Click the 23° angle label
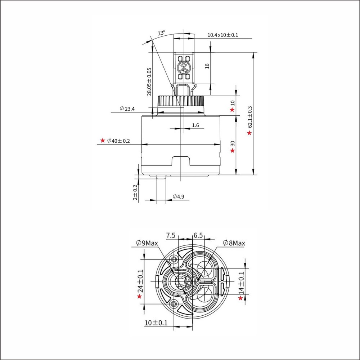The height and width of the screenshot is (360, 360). click(x=161, y=33)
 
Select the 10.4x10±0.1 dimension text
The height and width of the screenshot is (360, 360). click(x=223, y=35)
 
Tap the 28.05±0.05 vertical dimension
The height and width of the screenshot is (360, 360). click(x=149, y=82)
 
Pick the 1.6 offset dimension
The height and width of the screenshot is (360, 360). click(x=195, y=125)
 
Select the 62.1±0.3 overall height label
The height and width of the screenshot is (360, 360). click(x=250, y=116)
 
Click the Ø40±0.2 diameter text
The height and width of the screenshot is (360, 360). click(x=118, y=141)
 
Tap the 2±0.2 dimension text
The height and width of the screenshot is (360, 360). click(x=135, y=192)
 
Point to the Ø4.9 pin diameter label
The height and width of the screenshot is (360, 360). click(x=179, y=197)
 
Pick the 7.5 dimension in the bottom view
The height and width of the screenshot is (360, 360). click(x=171, y=235)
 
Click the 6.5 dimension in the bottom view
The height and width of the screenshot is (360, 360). click(x=198, y=235)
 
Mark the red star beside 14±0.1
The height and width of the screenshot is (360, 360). click(x=240, y=298)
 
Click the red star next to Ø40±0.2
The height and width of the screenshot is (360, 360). click(x=103, y=140)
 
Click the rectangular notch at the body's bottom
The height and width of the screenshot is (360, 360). click(x=181, y=161)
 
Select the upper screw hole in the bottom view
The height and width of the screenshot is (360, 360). click(x=175, y=259)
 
